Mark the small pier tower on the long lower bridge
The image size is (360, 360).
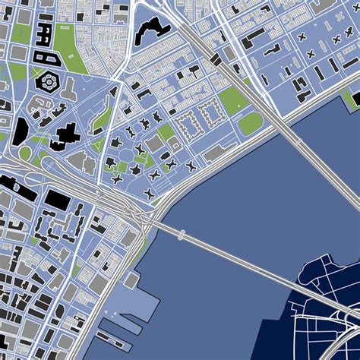pyautogui.click(x=181, y=237)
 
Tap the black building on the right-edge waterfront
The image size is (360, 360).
pyautogui.click(x=353, y=97)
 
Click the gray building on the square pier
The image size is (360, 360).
pyautogui.click(x=130, y=280)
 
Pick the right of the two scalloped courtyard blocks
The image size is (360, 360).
pyautogui.click(x=209, y=115)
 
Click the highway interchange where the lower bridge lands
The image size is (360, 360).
pyautogui.click(x=144, y=216)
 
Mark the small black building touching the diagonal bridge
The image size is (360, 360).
pyautogui.click(x=217, y=58)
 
